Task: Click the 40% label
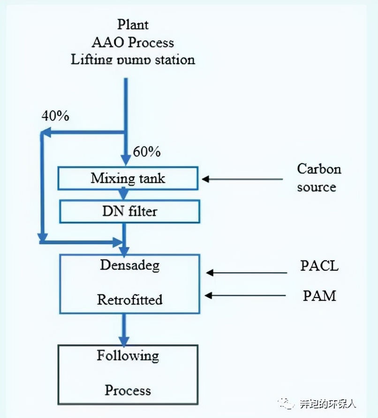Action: [55, 116]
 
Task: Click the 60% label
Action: [147, 152]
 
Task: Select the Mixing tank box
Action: [128, 179]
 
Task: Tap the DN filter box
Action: [129, 211]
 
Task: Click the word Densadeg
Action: [129, 265]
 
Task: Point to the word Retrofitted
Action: [129, 299]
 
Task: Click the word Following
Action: [128, 356]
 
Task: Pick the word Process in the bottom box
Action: [128, 390]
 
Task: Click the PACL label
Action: [319, 266]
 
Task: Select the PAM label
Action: [319, 296]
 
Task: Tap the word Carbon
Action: [319, 169]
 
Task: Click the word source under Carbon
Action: [317, 187]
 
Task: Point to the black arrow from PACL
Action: [246, 272]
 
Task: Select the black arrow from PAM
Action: [246, 295]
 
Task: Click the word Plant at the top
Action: [133, 24]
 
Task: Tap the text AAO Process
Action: [133, 42]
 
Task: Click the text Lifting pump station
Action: [133, 60]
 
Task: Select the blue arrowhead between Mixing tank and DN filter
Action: [124, 194]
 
